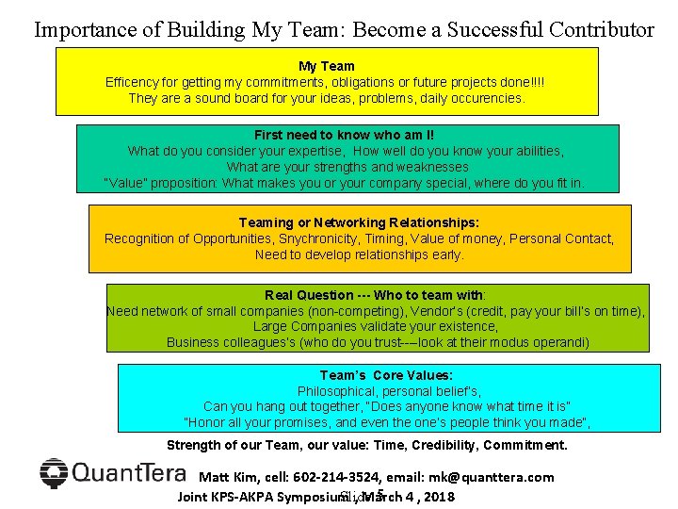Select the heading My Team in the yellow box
tap(327, 66)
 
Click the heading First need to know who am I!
tap(344, 136)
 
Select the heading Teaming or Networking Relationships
tap(359, 222)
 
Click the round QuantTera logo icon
tap(55, 473)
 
